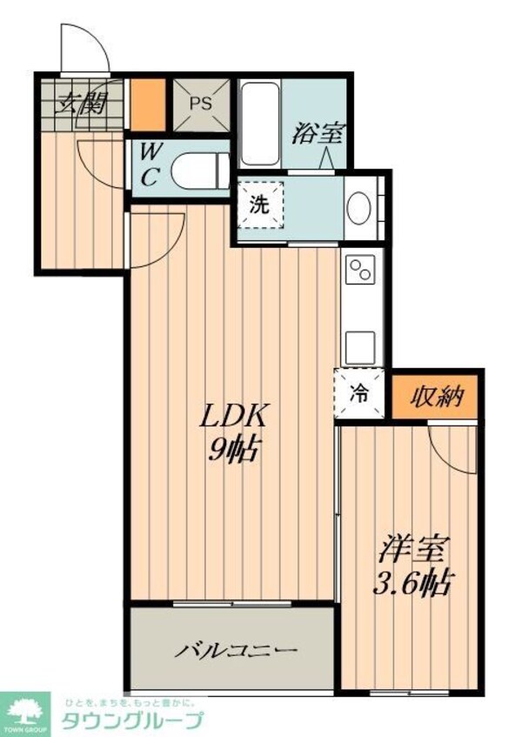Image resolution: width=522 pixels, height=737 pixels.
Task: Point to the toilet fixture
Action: [x=198, y=170]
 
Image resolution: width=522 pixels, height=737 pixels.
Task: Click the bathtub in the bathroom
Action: [x=260, y=124]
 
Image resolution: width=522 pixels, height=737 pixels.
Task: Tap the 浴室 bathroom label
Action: [x=319, y=133]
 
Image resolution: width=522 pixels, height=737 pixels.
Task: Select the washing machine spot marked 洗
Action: [x=260, y=205]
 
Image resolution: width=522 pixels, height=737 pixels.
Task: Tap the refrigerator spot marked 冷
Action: [x=357, y=392]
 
